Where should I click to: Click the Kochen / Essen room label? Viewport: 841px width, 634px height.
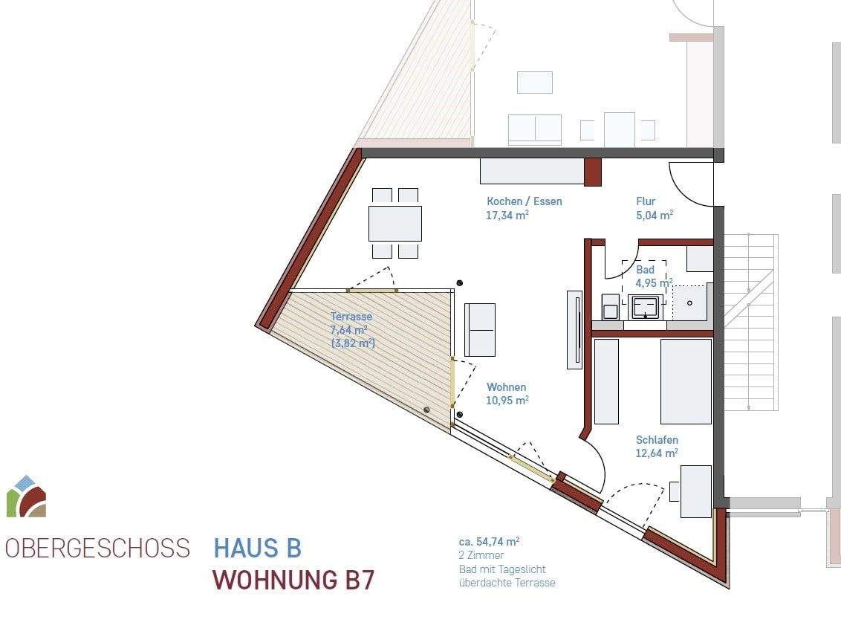[524, 201]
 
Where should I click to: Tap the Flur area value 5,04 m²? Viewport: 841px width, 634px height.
[654, 216]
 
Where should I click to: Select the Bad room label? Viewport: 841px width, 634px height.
[645, 270]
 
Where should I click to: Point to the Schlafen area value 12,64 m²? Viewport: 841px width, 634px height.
[657, 453]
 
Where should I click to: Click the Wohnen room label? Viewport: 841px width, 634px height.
[506, 387]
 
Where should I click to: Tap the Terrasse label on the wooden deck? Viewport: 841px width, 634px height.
[351, 317]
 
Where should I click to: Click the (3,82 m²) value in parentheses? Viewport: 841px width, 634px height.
[352, 343]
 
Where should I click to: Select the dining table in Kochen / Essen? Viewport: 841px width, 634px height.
[394, 223]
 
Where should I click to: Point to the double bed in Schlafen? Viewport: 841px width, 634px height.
[686, 381]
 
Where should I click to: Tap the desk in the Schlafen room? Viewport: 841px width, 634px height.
[695, 491]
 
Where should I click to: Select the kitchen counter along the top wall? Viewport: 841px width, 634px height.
[531, 171]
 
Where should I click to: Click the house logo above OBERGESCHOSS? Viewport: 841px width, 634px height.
[27, 496]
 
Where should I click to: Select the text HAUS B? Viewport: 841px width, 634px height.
[257, 549]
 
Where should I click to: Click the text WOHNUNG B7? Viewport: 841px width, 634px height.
[293, 580]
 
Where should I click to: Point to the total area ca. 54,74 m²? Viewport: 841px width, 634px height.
[489, 542]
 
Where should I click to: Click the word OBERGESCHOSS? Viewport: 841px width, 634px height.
[97, 549]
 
